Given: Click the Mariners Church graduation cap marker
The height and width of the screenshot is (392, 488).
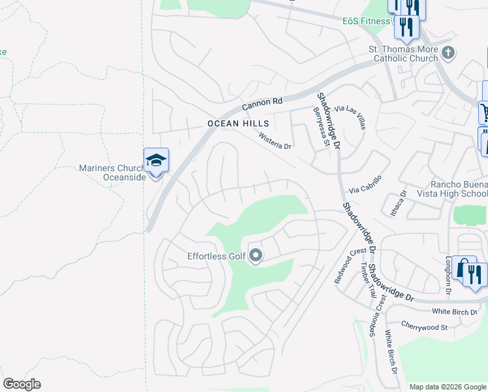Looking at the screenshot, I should coord(156,161).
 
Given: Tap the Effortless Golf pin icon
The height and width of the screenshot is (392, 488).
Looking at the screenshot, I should coord(256,255).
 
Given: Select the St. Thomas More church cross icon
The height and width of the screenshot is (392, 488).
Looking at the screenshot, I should coord(448,53).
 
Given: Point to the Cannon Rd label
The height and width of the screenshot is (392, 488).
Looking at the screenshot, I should coord(262,103).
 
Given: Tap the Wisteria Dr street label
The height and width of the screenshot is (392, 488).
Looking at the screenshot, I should coord(275,142).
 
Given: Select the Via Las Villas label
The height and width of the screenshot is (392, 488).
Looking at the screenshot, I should coord(350,117).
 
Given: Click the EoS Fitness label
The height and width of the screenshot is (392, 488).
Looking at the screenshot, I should coord(367,21).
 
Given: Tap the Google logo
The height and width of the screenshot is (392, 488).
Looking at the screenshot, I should coord(22,384).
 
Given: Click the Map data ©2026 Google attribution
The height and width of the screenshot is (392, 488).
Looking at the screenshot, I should coord(446,387).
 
